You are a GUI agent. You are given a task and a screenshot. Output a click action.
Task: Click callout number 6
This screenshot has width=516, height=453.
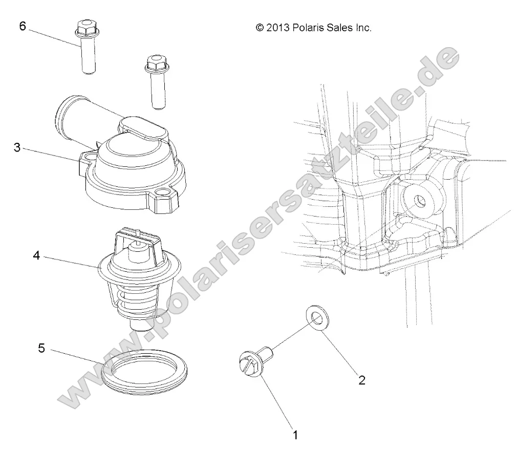pyautogui.click(x=23, y=27)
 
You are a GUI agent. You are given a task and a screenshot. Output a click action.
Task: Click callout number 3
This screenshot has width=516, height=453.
pyautogui.click(x=17, y=149)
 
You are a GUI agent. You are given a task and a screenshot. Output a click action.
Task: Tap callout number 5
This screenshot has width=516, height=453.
pyautogui.click(x=42, y=350)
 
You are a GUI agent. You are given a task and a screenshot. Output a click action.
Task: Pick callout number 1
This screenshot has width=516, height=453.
pyautogui.click(x=295, y=435)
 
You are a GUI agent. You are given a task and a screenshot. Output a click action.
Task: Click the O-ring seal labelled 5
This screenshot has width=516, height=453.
pyautogui.click(x=144, y=373)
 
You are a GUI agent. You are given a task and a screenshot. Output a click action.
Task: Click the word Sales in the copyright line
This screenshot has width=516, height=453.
pyautogui.click(x=340, y=29)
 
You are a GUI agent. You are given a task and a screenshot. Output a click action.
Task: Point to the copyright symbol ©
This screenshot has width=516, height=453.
pyautogui.click(x=259, y=29)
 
